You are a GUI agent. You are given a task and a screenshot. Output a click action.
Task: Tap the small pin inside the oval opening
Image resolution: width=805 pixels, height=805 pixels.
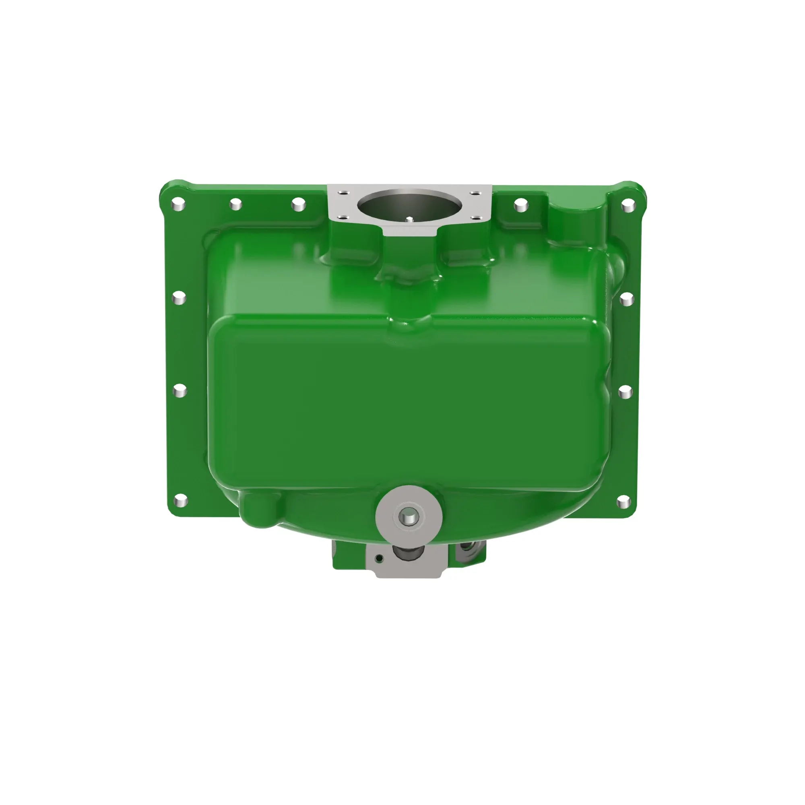click(410, 219)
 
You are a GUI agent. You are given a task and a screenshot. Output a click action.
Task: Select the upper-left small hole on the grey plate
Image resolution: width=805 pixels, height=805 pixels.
click(342, 193)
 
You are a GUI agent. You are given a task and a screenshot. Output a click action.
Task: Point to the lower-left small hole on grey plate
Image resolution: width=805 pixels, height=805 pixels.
click(342, 217)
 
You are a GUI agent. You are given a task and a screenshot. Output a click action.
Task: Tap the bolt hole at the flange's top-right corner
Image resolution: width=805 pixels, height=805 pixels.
click(627, 205)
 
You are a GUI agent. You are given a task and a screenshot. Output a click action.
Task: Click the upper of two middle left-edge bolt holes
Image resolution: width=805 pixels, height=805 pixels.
click(179, 297)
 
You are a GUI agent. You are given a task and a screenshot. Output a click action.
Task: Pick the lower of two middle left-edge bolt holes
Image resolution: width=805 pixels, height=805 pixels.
click(179, 391)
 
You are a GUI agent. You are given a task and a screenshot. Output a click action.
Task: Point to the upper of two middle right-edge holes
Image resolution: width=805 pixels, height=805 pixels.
click(627, 299)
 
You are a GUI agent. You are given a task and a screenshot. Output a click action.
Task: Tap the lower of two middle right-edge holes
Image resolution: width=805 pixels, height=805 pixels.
click(625, 392)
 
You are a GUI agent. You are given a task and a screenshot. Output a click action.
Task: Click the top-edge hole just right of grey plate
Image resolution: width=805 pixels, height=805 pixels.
click(521, 205)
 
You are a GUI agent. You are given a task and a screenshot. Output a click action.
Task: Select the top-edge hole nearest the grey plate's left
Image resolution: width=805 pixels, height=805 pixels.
click(298, 204)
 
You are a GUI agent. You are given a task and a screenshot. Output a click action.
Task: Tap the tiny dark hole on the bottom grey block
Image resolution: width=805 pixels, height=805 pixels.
click(379, 558)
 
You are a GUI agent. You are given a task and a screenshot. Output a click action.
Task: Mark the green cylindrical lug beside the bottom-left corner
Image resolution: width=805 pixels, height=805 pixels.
click(258, 509)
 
